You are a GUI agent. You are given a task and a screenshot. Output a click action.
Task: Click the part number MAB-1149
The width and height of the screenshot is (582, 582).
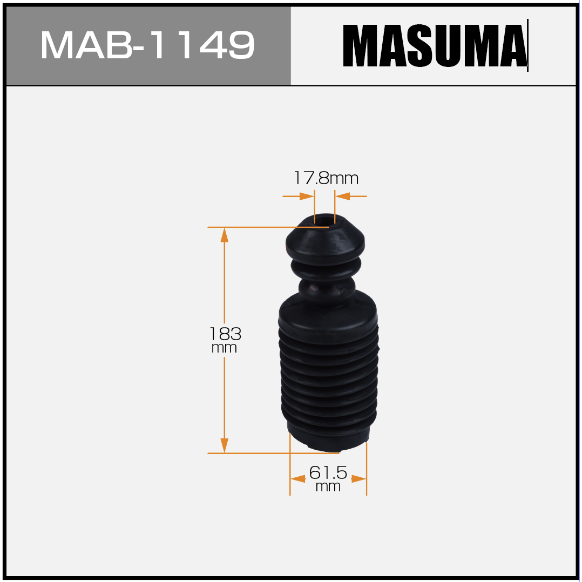[x=147, y=45]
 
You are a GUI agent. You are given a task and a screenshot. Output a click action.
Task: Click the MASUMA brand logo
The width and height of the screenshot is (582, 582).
[x=435, y=46]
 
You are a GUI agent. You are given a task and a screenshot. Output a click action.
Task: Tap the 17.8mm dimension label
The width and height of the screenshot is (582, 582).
[x=326, y=178]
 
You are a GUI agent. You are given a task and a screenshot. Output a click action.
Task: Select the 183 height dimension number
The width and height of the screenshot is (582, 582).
[x=225, y=334]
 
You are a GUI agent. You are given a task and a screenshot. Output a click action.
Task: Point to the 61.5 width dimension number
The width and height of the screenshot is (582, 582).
[x=328, y=473]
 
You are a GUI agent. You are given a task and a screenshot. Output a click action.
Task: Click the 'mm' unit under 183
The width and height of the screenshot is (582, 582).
[x=224, y=348]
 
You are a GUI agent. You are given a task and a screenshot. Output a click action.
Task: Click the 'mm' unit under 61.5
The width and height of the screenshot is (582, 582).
[x=328, y=486]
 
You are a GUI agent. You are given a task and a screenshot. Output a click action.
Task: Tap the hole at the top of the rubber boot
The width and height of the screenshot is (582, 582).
[x=325, y=220]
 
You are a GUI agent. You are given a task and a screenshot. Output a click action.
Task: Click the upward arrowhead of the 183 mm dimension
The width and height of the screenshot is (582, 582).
[x=224, y=235]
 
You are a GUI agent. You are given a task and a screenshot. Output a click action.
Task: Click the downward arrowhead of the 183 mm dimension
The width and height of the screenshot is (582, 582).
[x=224, y=445]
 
